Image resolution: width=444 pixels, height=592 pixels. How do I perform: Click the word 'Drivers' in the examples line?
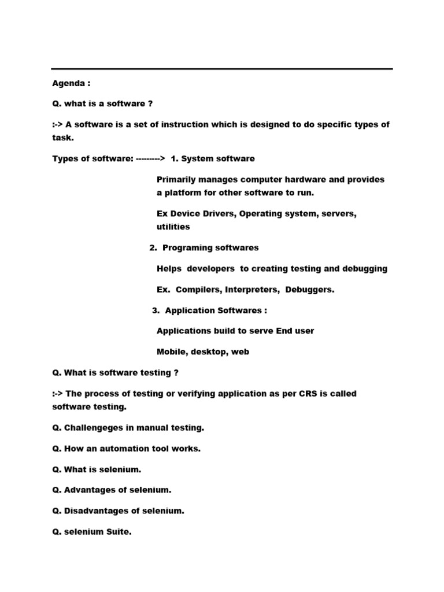(216, 214)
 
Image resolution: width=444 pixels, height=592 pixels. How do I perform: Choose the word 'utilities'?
(173, 227)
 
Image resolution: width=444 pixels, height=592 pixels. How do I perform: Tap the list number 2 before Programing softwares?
(153, 247)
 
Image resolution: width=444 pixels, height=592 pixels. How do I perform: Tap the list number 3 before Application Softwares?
(156, 310)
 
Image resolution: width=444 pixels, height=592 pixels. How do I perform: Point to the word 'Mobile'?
(171, 351)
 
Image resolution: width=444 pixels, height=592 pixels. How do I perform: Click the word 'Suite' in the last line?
(119, 532)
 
